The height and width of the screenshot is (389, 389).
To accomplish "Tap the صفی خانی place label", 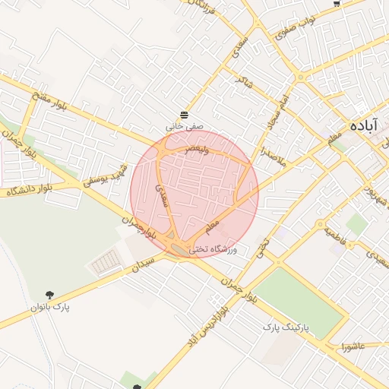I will (x=185, y=127).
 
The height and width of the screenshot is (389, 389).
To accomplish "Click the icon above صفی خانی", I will (x=185, y=114).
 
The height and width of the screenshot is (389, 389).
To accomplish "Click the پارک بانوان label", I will (x=50, y=307).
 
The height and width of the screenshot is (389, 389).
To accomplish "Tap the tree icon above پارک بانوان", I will (x=50, y=294).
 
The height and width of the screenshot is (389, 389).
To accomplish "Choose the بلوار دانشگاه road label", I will (x=29, y=190).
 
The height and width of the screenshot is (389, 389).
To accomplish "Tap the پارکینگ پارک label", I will (x=288, y=326).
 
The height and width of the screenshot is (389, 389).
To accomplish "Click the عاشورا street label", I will (x=354, y=347).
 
